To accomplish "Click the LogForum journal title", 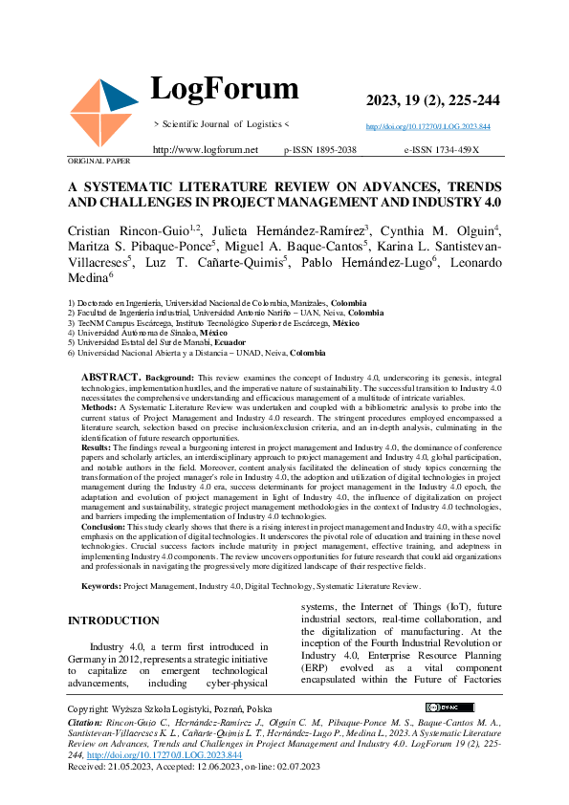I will coord(225,89).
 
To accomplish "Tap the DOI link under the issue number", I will coord(428,126).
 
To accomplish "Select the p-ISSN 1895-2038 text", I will coord(320,150).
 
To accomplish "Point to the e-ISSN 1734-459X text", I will coord(441,150).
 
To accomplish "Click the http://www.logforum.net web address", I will coord(206,150).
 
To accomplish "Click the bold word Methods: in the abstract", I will coord(100,407).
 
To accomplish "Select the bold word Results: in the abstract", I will coord(98,446).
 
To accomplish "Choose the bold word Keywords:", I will coord(101,585).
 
